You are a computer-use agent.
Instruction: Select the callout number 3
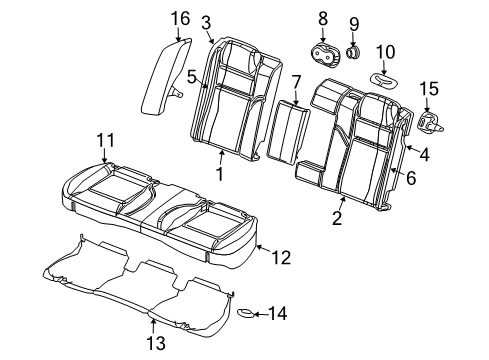click(x=205, y=21)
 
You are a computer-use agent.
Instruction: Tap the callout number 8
click(x=322, y=18)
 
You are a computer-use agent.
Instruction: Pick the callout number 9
click(x=353, y=24)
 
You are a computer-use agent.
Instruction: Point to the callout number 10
click(x=385, y=52)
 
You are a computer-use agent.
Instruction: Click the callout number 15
click(x=428, y=90)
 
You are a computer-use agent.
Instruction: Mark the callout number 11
click(x=104, y=140)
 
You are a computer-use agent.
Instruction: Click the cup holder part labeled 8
click(x=323, y=55)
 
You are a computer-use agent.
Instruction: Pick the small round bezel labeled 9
click(x=353, y=50)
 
